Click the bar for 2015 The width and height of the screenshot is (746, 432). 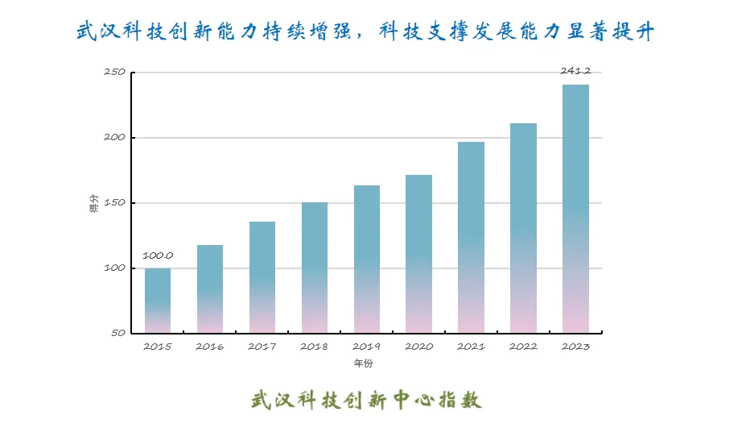point(158,300)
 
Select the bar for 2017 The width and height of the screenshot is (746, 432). point(262,276)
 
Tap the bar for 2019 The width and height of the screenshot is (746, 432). point(367,259)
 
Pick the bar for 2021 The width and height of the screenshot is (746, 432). point(471,237)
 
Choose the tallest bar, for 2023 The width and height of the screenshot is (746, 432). point(575,208)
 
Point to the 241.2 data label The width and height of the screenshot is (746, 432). point(575,72)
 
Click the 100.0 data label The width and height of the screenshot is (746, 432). point(158,255)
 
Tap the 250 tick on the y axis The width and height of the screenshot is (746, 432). point(114,73)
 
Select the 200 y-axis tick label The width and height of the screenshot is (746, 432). point(114,138)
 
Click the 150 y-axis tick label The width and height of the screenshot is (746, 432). point(114,203)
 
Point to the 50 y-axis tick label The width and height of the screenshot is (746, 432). point(117,333)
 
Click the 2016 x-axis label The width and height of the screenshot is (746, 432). point(210,347)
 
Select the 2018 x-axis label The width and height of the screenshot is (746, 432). point(315,347)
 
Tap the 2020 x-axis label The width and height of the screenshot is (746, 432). point(418,347)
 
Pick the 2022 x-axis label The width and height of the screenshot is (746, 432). point(523,347)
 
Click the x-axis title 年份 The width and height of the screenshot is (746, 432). point(364,363)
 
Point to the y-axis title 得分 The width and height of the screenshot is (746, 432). point(94,203)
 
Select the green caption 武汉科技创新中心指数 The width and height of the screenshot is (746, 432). point(366,399)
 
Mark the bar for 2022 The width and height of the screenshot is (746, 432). point(523,227)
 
